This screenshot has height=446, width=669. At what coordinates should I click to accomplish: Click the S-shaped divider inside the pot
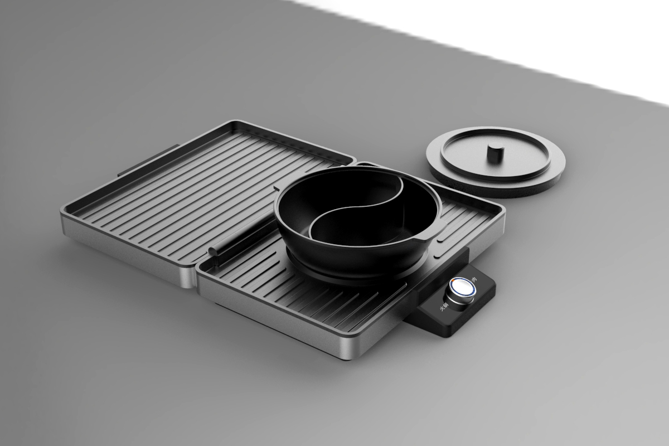(x=357, y=209)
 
